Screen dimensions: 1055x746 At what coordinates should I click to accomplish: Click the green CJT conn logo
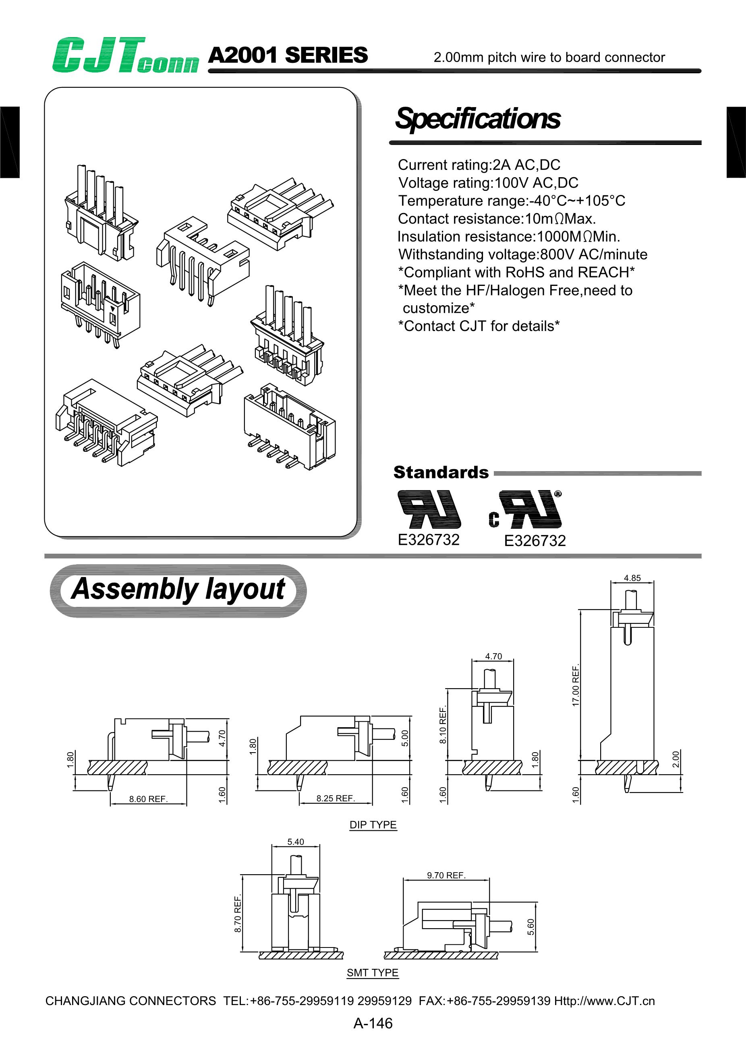[x=125, y=56]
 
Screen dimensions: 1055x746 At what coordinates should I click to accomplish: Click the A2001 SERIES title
[x=288, y=56]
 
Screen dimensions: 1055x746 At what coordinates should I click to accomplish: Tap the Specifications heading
[x=478, y=118]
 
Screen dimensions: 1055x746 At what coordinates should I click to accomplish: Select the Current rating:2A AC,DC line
[x=479, y=165]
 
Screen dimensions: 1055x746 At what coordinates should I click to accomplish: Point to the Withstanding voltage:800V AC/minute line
[x=522, y=254]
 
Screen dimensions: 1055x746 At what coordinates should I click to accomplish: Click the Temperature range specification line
[x=511, y=201]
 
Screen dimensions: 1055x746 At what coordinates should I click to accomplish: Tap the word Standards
[x=441, y=472]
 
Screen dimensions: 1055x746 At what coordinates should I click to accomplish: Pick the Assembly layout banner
[x=178, y=590]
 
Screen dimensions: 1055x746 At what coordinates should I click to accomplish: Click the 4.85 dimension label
[x=632, y=578]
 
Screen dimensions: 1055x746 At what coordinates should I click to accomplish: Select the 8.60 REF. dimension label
[x=148, y=799]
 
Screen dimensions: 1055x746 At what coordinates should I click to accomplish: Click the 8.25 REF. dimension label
[x=336, y=798]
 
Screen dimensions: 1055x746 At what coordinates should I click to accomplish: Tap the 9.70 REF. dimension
[x=446, y=875]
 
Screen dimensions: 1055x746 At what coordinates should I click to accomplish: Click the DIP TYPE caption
[x=373, y=825]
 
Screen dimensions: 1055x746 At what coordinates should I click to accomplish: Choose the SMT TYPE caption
[x=372, y=973]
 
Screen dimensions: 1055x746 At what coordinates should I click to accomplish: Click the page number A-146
[x=373, y=1023]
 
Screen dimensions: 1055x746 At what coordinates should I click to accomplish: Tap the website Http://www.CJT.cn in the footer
[x=604, y=1001]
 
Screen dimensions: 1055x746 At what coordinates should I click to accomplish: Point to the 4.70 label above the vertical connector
[x=493, y=656]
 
